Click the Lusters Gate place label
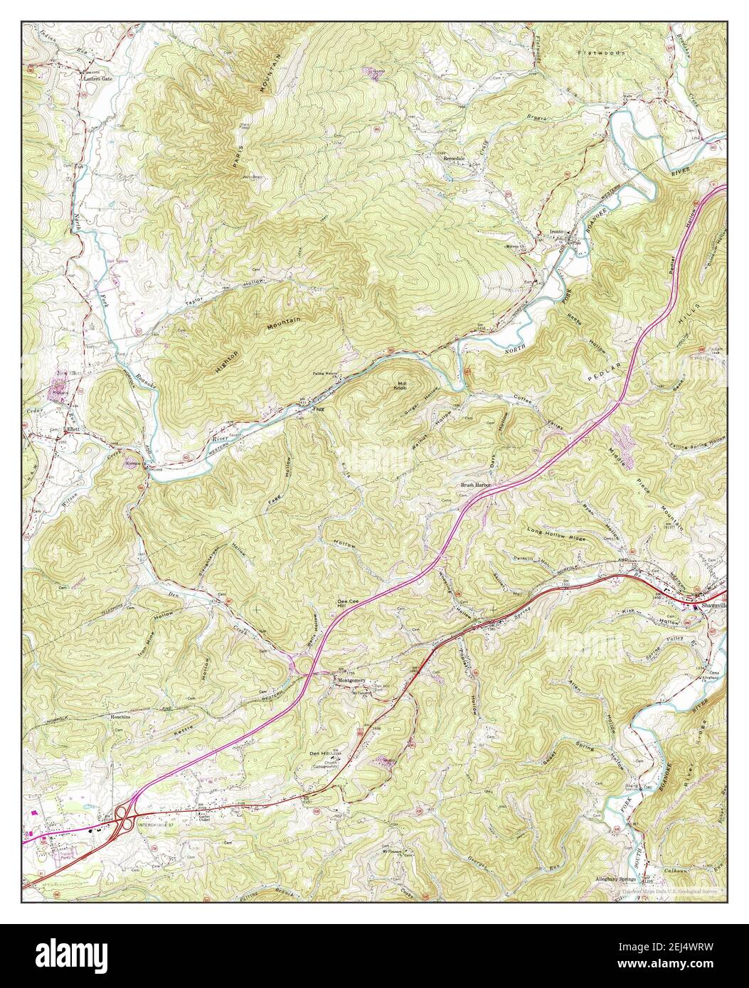click(x=97, y=79)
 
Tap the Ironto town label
click(x=556, y=232)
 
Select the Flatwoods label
click(x=601, y=53)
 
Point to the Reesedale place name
click(x=454, y=158)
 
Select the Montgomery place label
click(x=351, y=680)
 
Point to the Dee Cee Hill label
click(x=346, y=604)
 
